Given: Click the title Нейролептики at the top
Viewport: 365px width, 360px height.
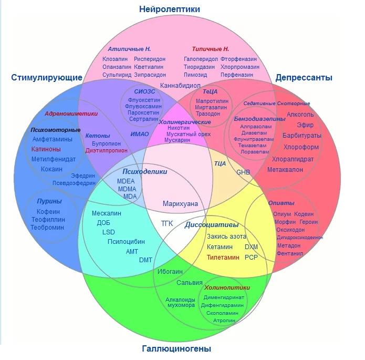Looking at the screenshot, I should pos(170,9).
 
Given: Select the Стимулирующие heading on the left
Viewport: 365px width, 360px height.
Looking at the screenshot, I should pos(47,78).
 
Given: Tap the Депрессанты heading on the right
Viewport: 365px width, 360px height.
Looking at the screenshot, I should pos(304,78).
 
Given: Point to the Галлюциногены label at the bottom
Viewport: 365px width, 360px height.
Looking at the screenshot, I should pos(176,348).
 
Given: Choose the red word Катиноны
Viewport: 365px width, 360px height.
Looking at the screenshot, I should pos(46,149).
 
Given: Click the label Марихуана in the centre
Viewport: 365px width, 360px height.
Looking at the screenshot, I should pos(180,203).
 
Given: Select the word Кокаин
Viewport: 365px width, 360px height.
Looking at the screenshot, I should pos(51,169).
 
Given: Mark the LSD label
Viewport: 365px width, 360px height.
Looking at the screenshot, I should pos(109,232).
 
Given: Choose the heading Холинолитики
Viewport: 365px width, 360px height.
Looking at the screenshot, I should pos(227,287).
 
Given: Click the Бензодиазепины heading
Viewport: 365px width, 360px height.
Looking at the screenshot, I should pos(259,119).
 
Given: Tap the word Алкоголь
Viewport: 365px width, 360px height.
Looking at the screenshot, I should pos(300,114).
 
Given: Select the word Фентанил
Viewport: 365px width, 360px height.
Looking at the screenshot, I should pos(290,253).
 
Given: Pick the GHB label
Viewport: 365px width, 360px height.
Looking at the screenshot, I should pos(243,172).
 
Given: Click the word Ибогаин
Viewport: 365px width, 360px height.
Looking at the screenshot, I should pos(170,271).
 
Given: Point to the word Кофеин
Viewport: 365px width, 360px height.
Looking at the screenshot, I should pos(48,211).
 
